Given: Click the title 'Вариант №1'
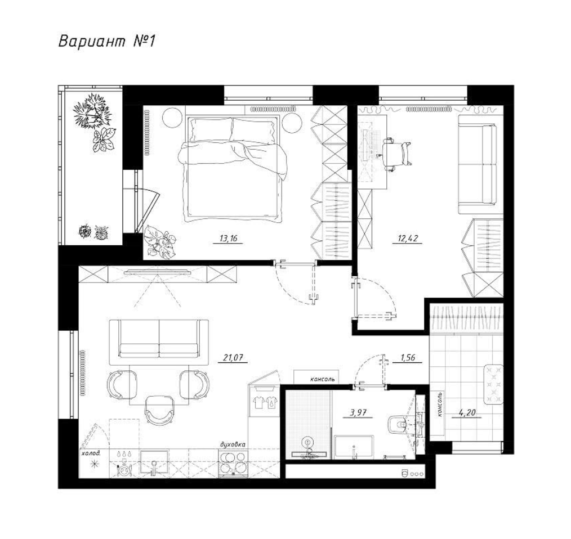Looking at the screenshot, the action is [106, 41].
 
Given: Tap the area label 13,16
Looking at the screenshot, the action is [228, 239].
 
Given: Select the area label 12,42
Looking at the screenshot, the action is [408, 239].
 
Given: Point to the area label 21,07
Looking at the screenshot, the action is [233, 358].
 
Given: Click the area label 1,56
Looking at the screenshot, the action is [408, 358].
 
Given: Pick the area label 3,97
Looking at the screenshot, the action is [358, 413].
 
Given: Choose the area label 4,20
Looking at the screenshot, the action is [467, 413].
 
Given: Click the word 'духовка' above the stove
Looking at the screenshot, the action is [233, 444].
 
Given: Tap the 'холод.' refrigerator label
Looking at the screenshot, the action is [91, 453].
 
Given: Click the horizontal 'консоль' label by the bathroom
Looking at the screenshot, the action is [322, 379].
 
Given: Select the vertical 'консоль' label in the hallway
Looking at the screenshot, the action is [440, 404].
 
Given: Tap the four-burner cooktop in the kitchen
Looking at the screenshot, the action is [233, 463].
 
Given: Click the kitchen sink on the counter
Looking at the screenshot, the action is [154, 463].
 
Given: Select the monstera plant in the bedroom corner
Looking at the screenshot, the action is [159, 242].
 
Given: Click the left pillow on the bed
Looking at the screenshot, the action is [210, 131].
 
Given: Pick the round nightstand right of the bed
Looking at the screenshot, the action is [291, 123].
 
